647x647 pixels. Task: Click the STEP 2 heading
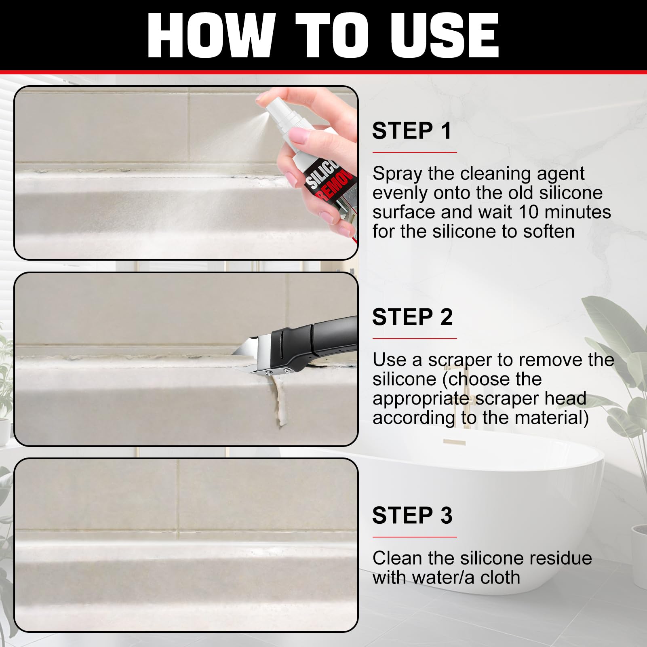412,317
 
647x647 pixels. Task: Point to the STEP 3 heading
412,515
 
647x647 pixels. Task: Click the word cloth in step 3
499,577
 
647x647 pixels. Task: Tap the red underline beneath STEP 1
415,152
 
